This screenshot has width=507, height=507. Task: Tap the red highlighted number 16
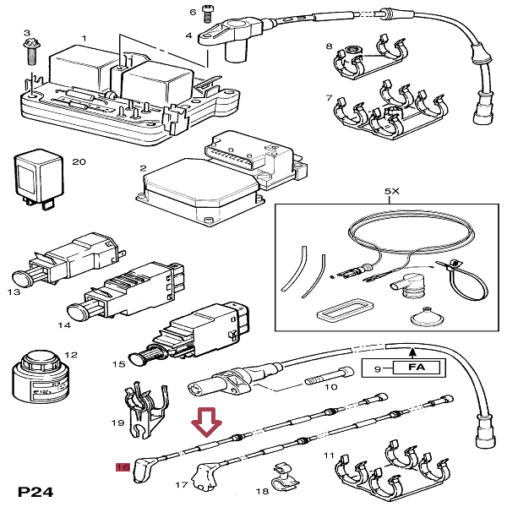point(122,466)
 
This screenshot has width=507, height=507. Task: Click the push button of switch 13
point(22,275)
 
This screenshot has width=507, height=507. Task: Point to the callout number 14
point(62,324)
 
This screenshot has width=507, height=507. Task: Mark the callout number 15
point(119,364)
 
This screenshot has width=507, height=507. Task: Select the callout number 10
point(331,386)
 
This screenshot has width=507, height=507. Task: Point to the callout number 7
point(330,99)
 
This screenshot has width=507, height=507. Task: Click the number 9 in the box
point(377,368)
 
